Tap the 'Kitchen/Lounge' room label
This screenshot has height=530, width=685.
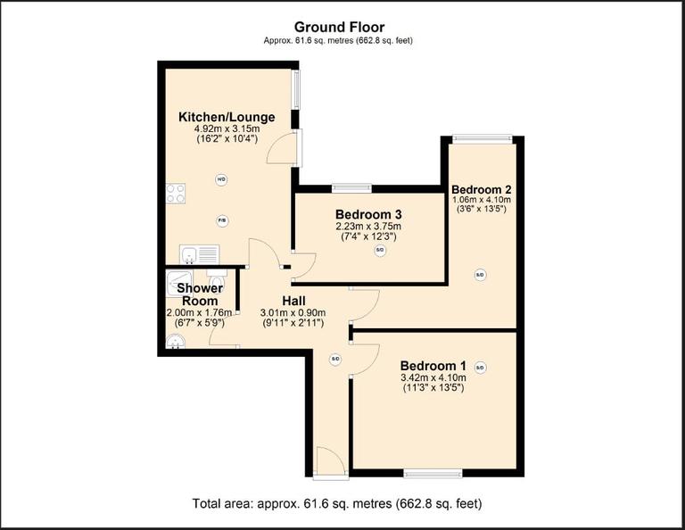pos(227,117)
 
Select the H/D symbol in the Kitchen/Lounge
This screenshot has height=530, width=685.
pos(221,179)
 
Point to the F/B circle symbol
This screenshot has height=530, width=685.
pos(222,220)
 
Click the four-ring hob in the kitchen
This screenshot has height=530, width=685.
pos(176,193)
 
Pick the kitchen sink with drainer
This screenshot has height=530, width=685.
pos(198,255)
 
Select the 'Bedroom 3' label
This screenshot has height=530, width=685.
pos(368,214)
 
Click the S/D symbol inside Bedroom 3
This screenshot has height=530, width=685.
pos(380,251)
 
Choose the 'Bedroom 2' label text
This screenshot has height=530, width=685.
pos(481,189)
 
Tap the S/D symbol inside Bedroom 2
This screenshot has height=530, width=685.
pos(480,275)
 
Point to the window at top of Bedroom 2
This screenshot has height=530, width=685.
pos(482,137)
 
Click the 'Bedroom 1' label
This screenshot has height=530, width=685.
pos(433,365)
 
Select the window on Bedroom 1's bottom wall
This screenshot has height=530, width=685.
pos(433,472)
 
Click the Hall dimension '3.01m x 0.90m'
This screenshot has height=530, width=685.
pos(293,312)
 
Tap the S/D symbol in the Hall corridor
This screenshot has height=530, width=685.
pos(335,360)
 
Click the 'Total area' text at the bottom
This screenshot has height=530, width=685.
pos(337,504)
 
